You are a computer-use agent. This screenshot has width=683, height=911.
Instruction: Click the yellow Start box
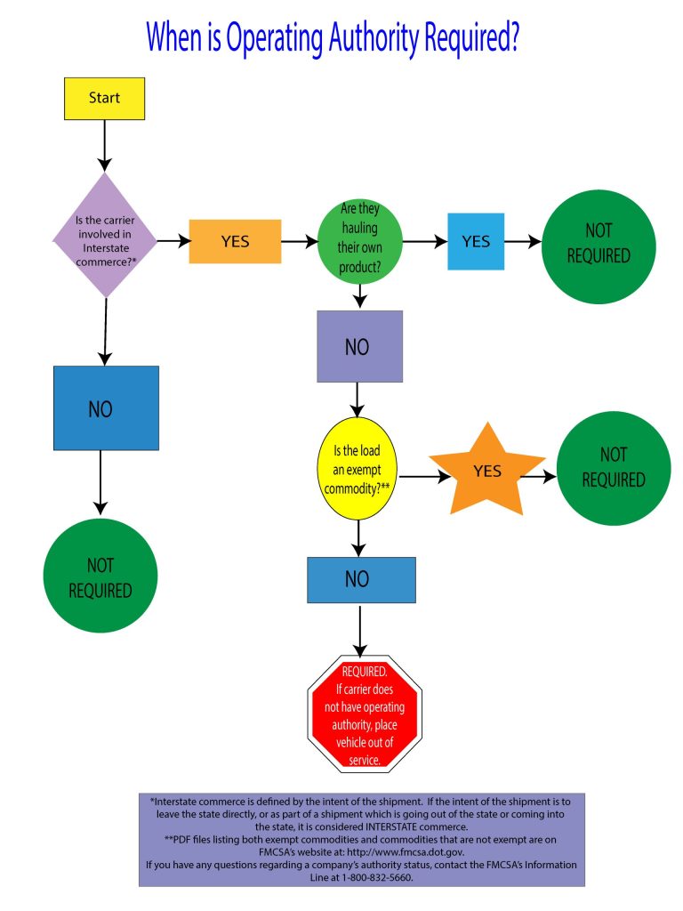104,98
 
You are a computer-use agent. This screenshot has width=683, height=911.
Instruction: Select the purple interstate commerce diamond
105,235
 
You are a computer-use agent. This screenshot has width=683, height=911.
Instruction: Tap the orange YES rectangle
235,241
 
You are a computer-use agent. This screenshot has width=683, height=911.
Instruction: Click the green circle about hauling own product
359,241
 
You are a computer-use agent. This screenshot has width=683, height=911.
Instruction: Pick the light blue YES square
476,241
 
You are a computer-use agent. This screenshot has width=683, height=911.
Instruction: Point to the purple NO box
359,346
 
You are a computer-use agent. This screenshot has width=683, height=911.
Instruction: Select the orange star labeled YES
486,472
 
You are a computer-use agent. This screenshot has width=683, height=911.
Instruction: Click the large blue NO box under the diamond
106,408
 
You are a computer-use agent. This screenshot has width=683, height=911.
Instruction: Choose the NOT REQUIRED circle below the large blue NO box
100,576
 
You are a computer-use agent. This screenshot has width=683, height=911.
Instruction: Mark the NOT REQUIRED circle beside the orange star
613,468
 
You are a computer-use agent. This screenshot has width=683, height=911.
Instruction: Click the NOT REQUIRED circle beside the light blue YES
599,243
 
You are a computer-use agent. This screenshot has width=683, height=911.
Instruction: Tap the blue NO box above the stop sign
361,580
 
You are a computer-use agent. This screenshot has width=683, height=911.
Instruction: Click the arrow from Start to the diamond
105,144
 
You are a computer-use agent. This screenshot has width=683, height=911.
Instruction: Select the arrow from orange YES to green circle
301,241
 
